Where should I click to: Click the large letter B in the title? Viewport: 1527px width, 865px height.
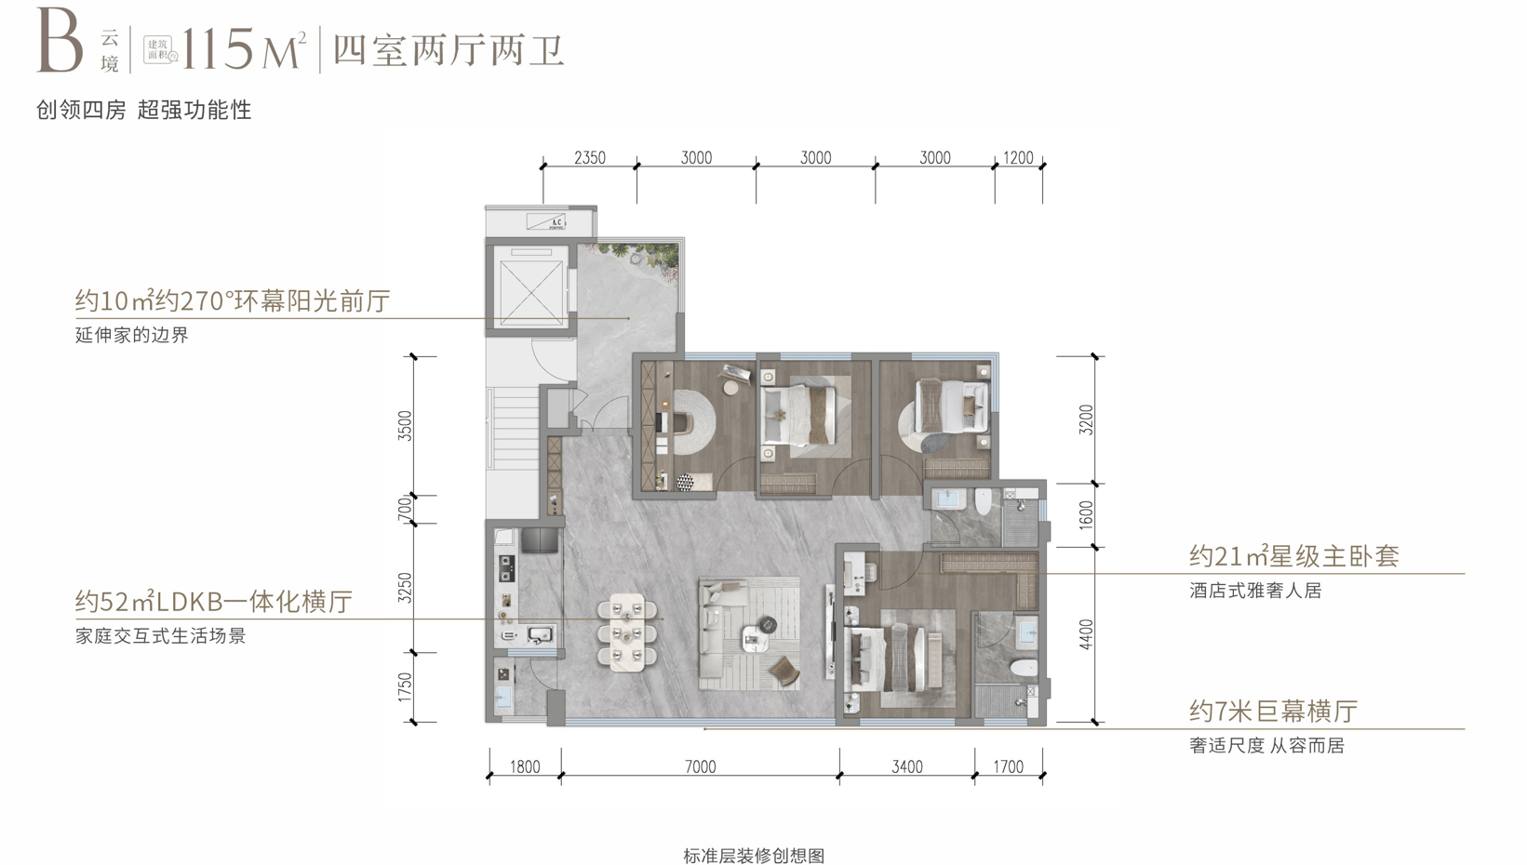pos(60,44)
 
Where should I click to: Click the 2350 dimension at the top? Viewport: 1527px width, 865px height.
pos(590,158)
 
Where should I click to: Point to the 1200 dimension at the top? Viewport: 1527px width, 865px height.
pos(1018,158)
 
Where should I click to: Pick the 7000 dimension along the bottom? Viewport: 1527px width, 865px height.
pos(700,767)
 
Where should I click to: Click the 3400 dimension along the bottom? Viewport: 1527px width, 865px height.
pos(907,767)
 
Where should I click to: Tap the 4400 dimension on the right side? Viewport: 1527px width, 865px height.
pos(1087,634)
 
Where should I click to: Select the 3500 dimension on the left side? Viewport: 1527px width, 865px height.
pos(405,425)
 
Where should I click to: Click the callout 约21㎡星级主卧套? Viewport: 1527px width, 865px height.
pos(1293,556)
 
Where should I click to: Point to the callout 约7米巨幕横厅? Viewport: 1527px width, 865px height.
pos(1273,712)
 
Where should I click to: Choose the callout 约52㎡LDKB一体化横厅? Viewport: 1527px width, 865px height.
pos(214,602)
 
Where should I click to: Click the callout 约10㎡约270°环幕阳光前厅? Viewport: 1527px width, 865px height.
pos(233,301)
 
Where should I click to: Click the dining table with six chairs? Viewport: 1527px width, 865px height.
pos(627,632)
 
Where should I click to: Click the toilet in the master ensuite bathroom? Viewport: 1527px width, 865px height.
pos(1024,668)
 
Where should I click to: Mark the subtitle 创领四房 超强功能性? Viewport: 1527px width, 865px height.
pos(144,110)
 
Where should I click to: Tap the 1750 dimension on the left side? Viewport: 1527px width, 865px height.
pos(405,686)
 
